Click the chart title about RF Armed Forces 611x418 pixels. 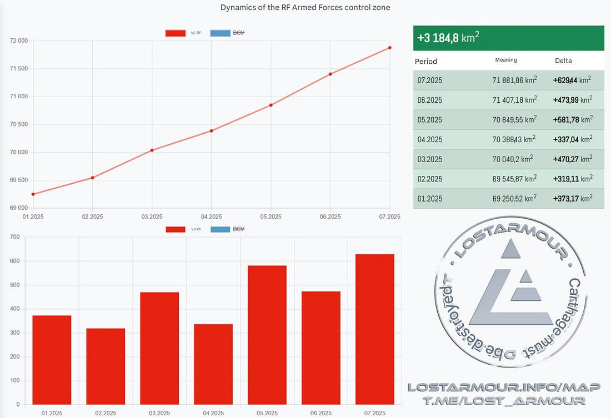pyautogui.click(x=305, y=7)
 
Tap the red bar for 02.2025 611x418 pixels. pyautogui.click(x=106, y=366)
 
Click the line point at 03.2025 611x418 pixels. pyautogui.click(x=152, y=150)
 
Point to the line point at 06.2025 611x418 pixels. pyautogui.click(x=330, y=74)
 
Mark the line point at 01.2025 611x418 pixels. pyautogui.click(x=33, y=194)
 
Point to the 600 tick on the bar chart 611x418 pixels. pyautogui.click(x=15, y=261)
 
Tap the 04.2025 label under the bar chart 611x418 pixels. pyautogui.click(x=213, y=414)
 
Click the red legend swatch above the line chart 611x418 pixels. pyautogui.click(x=175, y=33)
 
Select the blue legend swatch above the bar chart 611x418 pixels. pyautogui.click(x=220, y=229)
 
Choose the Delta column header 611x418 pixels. pyautogui.click(x=563, y=61)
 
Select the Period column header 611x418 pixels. pyautogui.click(x=426, y=61)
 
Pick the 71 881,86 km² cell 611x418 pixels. pyautogui.click(x=514, y=80)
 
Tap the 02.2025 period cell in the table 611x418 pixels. pyautogui.click(x=430, y=179)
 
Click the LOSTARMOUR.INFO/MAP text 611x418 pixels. pyautogui.click(x=496, y=387)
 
